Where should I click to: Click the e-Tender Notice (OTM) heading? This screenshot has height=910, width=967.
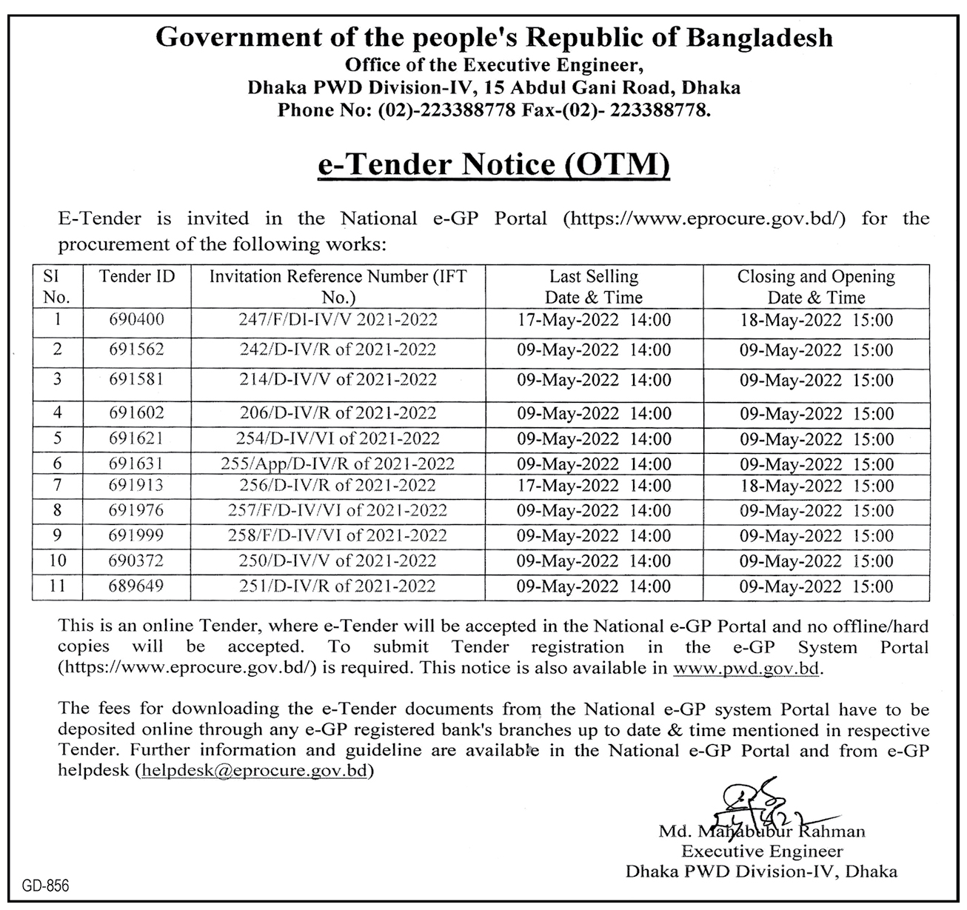pos(493,164)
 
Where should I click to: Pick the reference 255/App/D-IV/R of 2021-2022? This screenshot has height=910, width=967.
pos(338,464)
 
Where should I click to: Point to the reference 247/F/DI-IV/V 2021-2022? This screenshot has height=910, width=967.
pos(338,320)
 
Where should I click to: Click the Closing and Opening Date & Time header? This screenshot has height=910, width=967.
pos(816,287)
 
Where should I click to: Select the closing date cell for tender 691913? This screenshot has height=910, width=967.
pos(816,486)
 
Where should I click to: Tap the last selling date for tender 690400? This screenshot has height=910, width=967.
pos(594,320)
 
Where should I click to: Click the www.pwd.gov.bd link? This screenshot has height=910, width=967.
pos(747,669)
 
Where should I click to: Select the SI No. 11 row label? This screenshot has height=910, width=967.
pos(58,586)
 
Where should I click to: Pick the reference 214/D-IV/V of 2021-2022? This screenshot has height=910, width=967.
pos(338,380)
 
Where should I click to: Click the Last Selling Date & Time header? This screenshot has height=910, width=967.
pos(594,287)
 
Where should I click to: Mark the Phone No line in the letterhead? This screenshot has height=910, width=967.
pos(494,111)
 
